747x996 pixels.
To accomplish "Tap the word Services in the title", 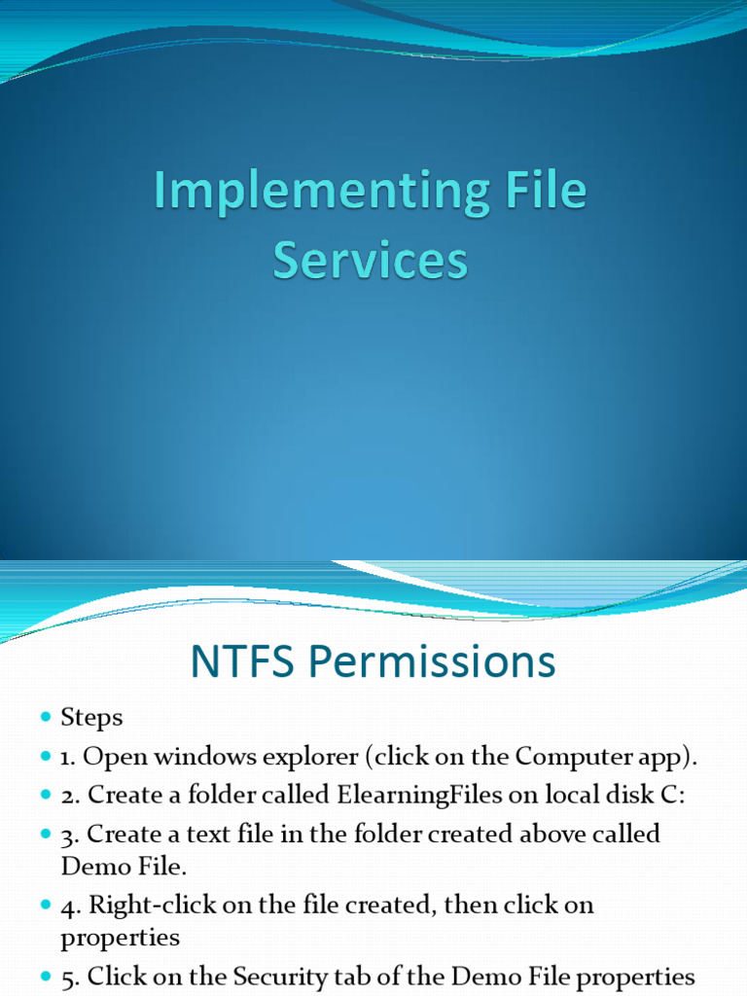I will tap(371, 262).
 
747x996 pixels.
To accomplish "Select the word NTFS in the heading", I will tap(243, 662).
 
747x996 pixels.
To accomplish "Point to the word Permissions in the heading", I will tap(432, 662).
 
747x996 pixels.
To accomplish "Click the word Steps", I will tap(92, 718).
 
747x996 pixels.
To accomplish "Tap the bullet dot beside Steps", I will tap(46, 718).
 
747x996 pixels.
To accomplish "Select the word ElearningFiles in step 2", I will tap(420, 795).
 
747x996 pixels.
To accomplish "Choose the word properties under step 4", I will tap(121, 938).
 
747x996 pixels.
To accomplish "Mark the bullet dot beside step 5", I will tap(46, 977).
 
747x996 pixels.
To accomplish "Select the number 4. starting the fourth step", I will tap(71, 905).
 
